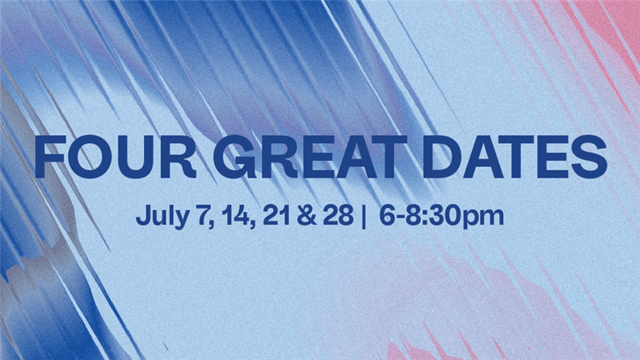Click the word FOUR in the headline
pyautogui.click(x=115, y=157)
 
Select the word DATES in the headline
pyautogui.click(x=514, y=157)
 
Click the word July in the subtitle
pyautogui.click(x=162, y=216)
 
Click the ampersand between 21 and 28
pyautogui.click(x=306, y=215)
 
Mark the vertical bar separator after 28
pyautogui.click(x=363, y=216)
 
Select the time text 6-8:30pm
pyautogui.click(x=442, y=216)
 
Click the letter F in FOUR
pyautogui.click(x=50, y=157)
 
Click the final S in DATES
pyautogui.click(x=589, y=157)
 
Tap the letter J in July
pyautogui.click(x=142, y=215)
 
